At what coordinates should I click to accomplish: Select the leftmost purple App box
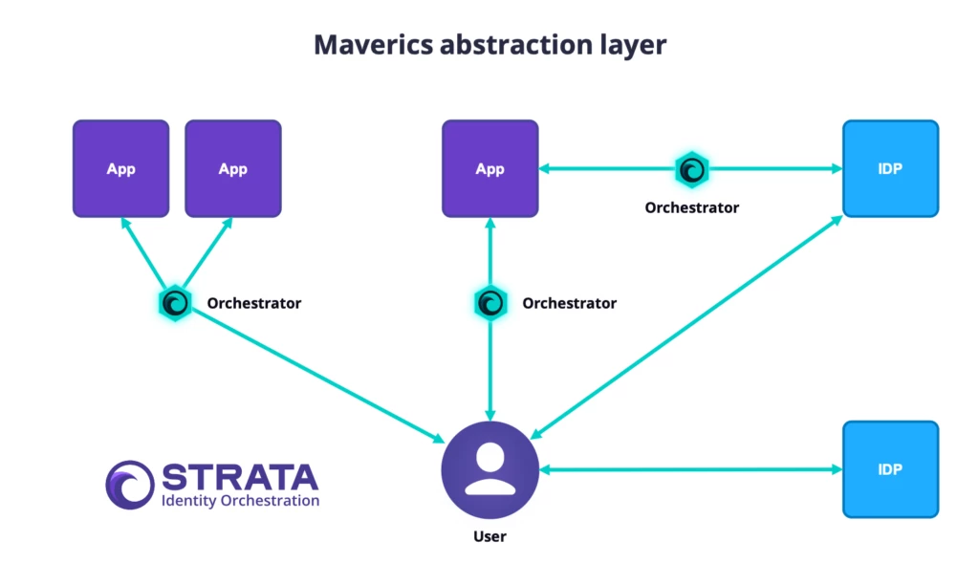point(121,168)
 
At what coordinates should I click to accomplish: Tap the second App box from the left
point(232,168)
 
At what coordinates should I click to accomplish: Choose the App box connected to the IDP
point(489,168)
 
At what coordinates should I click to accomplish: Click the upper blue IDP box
point(890,168)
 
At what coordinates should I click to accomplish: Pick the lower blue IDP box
point(890,469)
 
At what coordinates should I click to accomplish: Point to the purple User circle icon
point(489,469)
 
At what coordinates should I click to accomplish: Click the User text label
point(489,536)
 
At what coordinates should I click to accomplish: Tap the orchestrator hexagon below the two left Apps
point(176,303)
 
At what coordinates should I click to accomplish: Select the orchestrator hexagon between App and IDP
point(690,170)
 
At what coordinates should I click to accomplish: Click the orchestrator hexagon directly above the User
point(489,303)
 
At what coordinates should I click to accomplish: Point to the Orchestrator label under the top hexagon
point(691,206)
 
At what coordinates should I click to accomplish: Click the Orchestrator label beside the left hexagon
point(254,303)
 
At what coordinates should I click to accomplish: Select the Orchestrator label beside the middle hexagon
point(569,303)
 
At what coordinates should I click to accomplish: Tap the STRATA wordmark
point(239,477)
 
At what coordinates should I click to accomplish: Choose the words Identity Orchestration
point(240,500)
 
